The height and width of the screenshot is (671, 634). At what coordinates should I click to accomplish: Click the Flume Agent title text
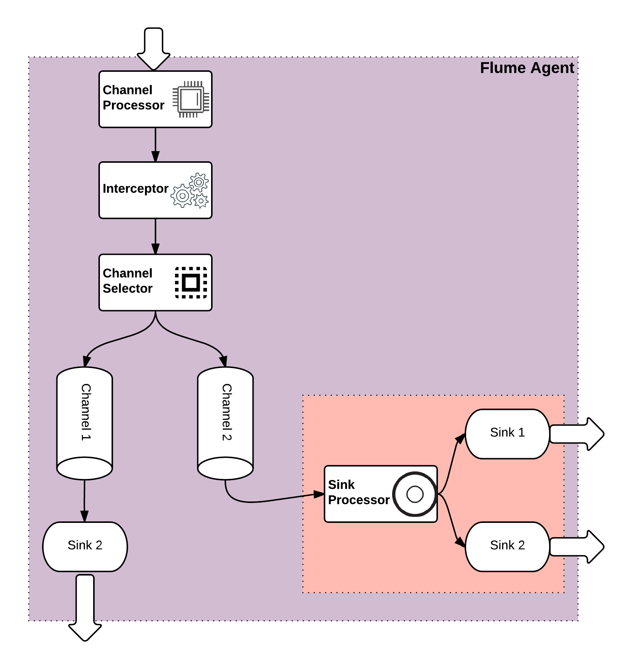(x=527, y=68)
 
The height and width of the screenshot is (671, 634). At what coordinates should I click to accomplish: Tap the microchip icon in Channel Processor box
(x=191, y=99)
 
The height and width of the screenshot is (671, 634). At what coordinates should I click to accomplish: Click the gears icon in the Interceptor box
(x=190, y=190)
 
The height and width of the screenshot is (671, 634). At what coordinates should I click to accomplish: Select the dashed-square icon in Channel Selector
(x=191, y=283)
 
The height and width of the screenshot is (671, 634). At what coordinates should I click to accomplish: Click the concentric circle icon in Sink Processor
(x=415, y=494)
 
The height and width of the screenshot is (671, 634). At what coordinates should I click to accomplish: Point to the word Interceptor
(x=135, y=188)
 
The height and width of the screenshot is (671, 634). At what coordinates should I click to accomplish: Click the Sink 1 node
(x=507, y=433)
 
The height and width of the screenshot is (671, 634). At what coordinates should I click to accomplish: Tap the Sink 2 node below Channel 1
(x=85, y=546)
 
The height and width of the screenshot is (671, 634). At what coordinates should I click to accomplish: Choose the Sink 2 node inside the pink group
(x=507, y=546)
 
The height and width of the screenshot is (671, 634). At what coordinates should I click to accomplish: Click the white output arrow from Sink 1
(x=577, y=434)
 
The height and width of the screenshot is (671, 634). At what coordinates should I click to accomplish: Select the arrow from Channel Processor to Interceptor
(x=155, y=145)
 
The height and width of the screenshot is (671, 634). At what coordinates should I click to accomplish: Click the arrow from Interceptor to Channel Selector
(x=155, y=236)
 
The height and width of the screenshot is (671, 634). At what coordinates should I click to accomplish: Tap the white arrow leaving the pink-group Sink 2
(x=577, y=547)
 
